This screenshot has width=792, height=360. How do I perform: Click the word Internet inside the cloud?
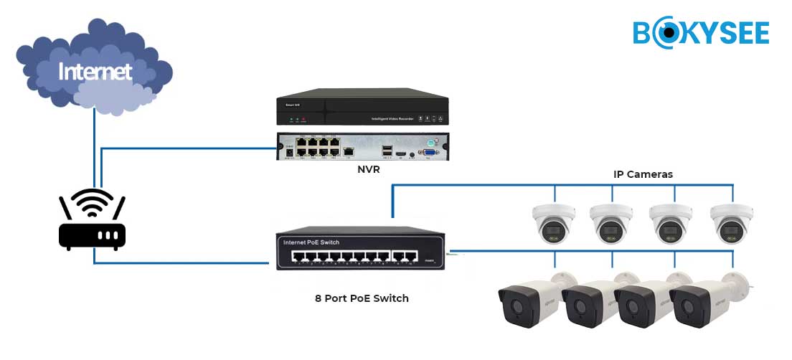(x=95, y=72)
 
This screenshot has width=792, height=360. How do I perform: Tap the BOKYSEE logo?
(x=701, y=33)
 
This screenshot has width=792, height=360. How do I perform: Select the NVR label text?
(x=368, y=170)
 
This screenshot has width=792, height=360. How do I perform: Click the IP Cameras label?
(x=643, y=174)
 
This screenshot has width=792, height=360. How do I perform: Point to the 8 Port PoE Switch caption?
(x=363, y=298)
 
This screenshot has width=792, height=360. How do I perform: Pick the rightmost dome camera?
(x=732, y=222)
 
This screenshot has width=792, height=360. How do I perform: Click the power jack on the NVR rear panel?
(x=289, y=151)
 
